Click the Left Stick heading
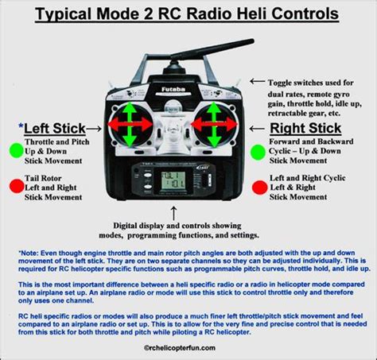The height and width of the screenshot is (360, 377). click(54, 127)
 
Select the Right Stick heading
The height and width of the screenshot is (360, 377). click(305, 128)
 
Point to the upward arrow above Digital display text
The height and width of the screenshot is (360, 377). click(172, 211)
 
